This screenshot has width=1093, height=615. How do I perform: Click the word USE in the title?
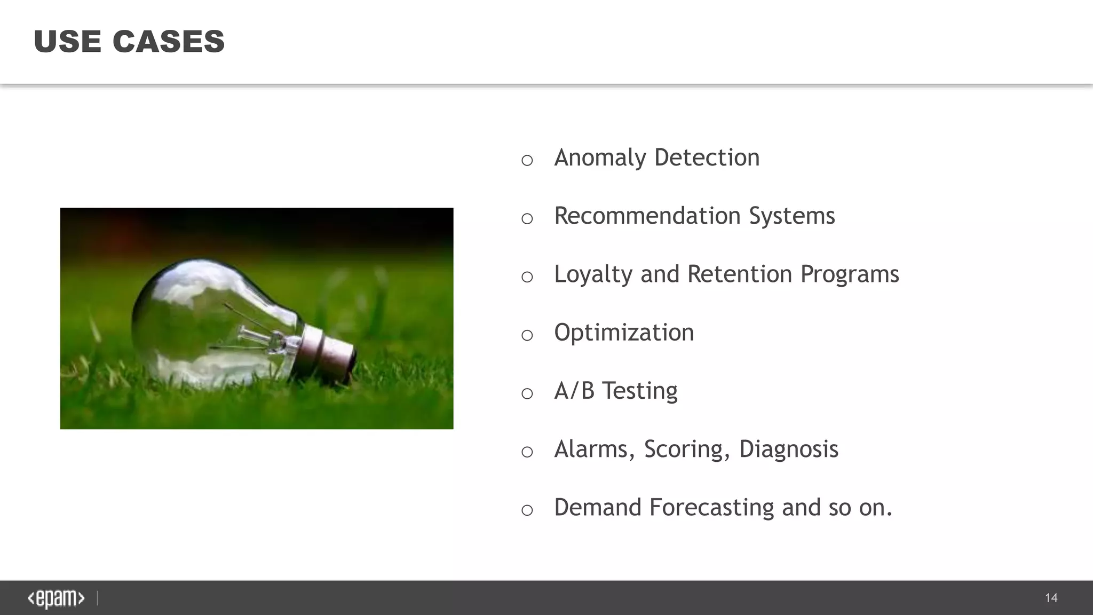[67, 42]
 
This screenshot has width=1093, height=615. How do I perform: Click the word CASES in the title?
[169, 42]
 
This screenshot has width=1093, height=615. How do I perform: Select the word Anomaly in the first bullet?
[600, 158]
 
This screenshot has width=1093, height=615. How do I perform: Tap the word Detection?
[707, 157]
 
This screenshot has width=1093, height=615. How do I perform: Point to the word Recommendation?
[647, 216]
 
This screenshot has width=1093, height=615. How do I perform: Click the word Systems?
[791, 216]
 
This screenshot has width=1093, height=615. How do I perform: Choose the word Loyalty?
[592, 274]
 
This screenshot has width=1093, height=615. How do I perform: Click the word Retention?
[739, 274]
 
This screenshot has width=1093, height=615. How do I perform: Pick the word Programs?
[850, 274]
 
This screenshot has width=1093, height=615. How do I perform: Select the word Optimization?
[624, 333]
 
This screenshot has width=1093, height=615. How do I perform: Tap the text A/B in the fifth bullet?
[574, 391]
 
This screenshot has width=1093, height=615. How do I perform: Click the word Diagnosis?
[788, 449]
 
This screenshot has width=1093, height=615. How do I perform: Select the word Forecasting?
[711, 507]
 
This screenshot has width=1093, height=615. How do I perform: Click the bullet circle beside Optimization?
[527, 335]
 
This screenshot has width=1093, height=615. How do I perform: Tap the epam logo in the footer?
[56, 598]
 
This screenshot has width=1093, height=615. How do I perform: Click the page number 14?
[1051, 598]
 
